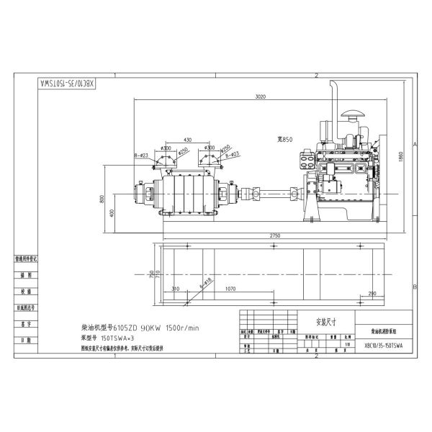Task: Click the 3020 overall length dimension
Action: [261, 96]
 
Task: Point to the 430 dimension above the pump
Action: [187, 139]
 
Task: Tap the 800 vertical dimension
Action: [102, 199]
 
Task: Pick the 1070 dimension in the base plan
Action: [231, 289]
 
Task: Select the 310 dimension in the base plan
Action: [176, 289]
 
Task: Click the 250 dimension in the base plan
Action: [372, 294]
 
